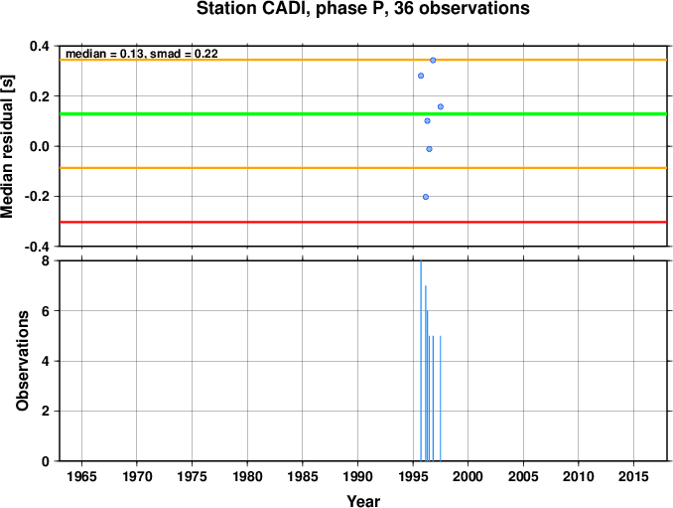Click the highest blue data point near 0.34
pos(433,61)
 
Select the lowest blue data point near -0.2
pos(426,197)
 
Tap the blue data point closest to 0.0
pos(429,149)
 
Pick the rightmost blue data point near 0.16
pos(441,106)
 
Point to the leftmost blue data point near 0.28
pos(421,76)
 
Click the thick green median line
pos(363,114)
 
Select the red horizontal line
pos(363,223)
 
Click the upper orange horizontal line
pos(363,60)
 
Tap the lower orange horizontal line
pos(363,168)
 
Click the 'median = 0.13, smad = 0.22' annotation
pos(142,54)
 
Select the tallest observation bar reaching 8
pos(421,361)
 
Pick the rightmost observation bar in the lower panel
pos(441,399)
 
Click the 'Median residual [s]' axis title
pos(7,146)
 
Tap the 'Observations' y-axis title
pos(22,361)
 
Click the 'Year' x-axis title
pos(363,501)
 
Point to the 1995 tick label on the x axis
pos(413,476)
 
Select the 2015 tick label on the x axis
pos(633,476)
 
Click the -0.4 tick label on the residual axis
pos(37,248)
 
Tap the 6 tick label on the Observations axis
pos(45,311)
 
